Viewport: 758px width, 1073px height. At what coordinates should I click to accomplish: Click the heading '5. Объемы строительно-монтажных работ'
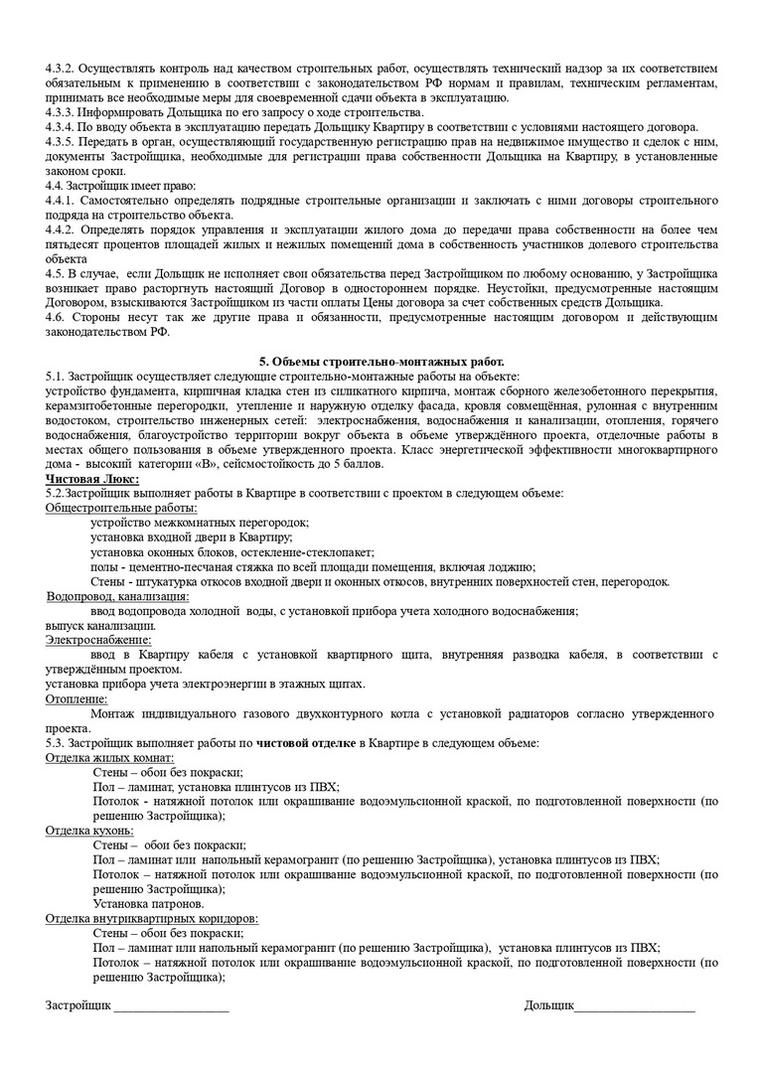tap(380, 362)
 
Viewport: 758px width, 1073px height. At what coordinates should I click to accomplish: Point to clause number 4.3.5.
tap(62, 141)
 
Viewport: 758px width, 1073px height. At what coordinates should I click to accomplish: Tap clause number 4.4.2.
tap(62, 230)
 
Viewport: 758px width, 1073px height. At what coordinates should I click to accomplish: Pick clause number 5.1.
tap(56, 377)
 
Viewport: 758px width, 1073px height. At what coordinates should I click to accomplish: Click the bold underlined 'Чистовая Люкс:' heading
tap(92, 479)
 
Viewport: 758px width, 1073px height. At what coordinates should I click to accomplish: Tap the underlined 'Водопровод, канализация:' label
tap(117, 596)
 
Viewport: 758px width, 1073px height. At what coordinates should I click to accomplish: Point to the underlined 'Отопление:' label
tap(76, 698)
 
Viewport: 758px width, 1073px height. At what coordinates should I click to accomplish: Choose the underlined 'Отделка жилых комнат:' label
tap(109, 757)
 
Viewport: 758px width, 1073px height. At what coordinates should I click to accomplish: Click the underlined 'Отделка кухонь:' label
tap(90, 831)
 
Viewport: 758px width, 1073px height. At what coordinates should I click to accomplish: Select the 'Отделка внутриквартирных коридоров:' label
tap(152, 918)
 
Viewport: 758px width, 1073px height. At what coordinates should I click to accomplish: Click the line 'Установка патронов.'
tap(149, 904)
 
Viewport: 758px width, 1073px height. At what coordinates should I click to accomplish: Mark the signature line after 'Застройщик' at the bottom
tap(171, 1007)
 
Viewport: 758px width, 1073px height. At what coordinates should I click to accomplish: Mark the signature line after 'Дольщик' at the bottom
tap(635, 1007)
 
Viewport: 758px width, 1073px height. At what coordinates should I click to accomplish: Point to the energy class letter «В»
tap(207, 464)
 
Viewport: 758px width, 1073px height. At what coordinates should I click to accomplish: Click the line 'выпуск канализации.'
tap(99, 626)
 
